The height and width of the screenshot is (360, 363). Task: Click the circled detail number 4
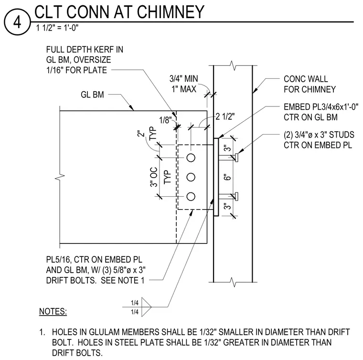[x=17, y=22]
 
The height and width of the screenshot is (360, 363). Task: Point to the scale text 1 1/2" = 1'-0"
[x=57, y=28]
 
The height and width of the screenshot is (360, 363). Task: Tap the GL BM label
[x=92, y=95]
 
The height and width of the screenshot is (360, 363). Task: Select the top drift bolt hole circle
[x=191, y=158]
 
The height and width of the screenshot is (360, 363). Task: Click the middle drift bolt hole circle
[x=191, y=177]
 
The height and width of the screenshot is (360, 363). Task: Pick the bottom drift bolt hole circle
[x=191, y=196]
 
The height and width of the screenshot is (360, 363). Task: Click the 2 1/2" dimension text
[x=225, y=116]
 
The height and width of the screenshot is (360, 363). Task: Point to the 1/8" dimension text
[x=166, y=120]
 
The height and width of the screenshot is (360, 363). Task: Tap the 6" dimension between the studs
[x=228, y=177]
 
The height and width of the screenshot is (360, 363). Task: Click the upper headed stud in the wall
[x=228, y=158]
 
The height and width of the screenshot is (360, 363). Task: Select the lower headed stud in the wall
[x=228, y=196]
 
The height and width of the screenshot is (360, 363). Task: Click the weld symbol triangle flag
[x=146, y=307]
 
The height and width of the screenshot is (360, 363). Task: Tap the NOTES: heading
[x=53, y=311]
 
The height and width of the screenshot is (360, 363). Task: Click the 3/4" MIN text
[x=184, y=79]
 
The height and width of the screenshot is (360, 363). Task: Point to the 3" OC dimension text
[x=154, y=177]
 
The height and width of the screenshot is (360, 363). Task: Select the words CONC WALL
[x=306, y=79]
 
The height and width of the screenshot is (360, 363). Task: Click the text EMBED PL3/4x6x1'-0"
[x=321, y=107]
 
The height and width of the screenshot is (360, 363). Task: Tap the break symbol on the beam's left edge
[x=60, y=178]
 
